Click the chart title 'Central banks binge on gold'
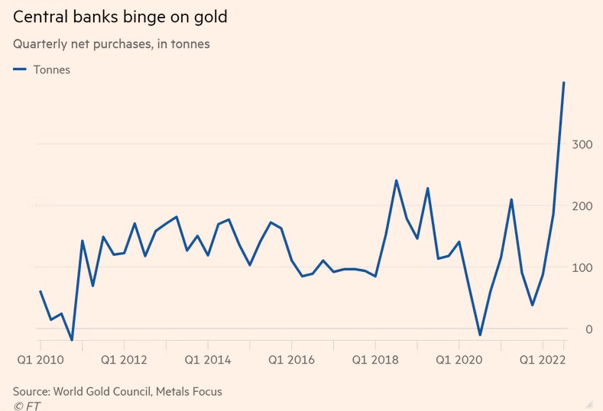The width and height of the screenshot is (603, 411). coord(120,16)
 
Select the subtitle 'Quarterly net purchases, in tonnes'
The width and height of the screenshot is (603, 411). coord(112,44)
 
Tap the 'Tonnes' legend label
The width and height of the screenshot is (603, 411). coord(52,70)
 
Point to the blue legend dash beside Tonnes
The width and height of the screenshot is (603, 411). coord(20,70)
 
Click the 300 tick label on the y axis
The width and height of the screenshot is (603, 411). coord(582,144)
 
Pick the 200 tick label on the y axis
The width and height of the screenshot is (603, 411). coord(582,206)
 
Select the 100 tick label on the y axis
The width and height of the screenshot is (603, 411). coord(582,267)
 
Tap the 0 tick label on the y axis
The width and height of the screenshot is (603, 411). coord(588,329)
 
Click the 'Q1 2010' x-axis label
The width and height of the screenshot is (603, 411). coord(41,359)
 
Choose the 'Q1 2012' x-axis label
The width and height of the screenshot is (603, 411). coord(124,359)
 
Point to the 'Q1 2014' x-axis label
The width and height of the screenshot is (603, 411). coord(208,359)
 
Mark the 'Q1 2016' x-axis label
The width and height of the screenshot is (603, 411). coord(291,359)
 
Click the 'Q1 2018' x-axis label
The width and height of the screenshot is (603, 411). coord(375,359)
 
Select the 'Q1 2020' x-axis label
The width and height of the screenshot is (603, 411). coord(459,359)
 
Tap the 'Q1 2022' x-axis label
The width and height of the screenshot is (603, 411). coord(543,359)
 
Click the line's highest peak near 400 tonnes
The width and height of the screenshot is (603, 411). coord(564,83)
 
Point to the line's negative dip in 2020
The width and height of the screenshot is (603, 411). coord(480,335)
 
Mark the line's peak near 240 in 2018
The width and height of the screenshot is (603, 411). coord(396,181)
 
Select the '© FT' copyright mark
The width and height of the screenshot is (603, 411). coord(27,406)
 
